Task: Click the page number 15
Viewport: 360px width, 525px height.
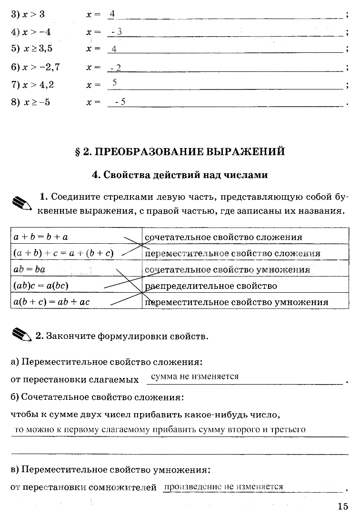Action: (x=343, y=506)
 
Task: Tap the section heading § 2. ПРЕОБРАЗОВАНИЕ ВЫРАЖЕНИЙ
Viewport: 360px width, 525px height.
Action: (x=180, y=152)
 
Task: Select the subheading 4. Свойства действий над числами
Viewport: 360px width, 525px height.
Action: (x=180, y=175)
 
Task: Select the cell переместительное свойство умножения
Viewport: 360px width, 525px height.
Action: (x=237, y=302)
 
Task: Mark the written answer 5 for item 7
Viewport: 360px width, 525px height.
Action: (x=114, y=83)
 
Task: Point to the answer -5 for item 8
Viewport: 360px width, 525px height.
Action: (x=120, y=101)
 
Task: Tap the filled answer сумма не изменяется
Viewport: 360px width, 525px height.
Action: (x=194, y=376)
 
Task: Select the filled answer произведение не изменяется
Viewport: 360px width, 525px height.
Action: (x=223, y=486)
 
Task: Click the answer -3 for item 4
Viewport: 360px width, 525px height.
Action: (x=116, y=31)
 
